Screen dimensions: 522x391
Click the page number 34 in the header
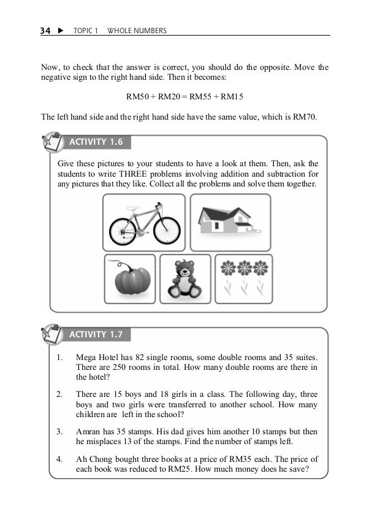coord(45,30)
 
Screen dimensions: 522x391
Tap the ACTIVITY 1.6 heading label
coord(96,142)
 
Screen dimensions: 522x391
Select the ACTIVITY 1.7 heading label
coord(96,334)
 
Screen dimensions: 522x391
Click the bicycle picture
coord(144,222)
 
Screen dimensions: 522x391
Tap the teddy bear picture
coord(184,278)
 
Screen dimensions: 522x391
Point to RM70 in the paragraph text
coord(304,117)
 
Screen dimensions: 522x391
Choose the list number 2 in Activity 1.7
coord(59,394)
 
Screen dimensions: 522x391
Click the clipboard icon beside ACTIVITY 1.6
coord(52,142)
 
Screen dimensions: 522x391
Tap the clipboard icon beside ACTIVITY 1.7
coord(52,334)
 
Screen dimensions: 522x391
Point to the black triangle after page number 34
coord(60,30)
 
